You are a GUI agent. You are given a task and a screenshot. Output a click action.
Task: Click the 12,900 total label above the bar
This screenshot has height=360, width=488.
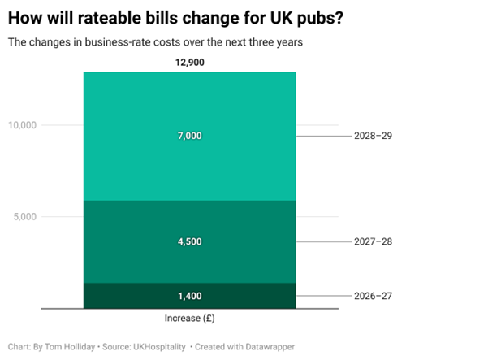click(190, 63)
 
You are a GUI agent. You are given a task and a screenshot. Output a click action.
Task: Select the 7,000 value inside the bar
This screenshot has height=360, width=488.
click(190, 136)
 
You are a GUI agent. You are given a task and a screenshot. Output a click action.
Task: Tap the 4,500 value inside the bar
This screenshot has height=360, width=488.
click(190, 241)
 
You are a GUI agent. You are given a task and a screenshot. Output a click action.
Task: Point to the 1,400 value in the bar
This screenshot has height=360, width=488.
click(190, 296)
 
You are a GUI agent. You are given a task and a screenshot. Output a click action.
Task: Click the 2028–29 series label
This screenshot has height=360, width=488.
click(374, 136)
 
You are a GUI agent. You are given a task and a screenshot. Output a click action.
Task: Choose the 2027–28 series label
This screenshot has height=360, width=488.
click(374, 241)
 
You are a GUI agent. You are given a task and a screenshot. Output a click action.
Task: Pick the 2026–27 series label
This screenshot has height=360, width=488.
click(374, 296)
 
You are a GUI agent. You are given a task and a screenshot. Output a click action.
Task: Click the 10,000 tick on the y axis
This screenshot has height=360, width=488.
click(23, 125)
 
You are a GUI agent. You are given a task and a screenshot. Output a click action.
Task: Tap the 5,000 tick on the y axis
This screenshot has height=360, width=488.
click(25, 216)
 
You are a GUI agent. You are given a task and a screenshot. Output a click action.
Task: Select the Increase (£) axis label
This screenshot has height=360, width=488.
click(189, 319)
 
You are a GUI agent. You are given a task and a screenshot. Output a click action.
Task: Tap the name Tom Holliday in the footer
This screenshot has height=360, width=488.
click(70, 347)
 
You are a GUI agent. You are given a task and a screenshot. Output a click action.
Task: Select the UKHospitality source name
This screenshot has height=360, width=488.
click(159, 347)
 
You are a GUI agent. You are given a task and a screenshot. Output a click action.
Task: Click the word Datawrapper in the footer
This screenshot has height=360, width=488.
click(270, 347)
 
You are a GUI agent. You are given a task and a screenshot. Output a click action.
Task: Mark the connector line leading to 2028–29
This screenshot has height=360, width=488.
click(323, 136)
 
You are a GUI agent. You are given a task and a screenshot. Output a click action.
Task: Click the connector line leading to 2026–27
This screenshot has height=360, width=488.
click(323, 296)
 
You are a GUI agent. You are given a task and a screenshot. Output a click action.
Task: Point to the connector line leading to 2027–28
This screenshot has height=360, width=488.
click(323, 241)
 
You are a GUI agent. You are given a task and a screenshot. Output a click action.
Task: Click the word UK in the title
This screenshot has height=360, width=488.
click(281, 18)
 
